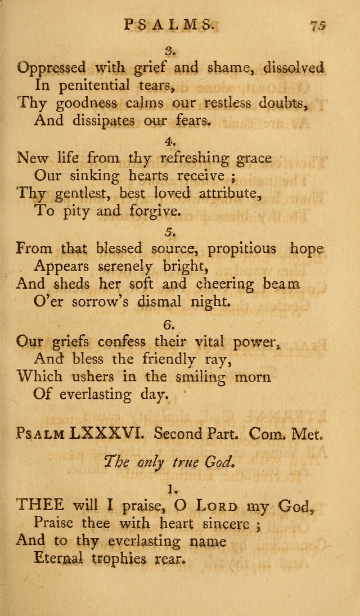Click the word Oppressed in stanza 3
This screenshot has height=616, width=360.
(52, 68)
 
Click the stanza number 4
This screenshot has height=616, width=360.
(171, 142)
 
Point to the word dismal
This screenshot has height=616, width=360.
(161, 302)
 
